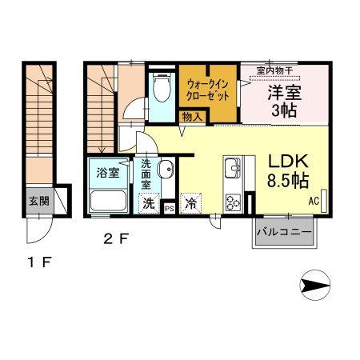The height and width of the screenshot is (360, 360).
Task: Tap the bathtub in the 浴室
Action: pyautogui.click(x=108, y=201)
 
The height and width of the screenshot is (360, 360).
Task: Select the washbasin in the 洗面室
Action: pyautogui.click(x=166, y=169)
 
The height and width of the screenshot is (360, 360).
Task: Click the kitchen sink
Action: pyautogui.click(x=233, y=168)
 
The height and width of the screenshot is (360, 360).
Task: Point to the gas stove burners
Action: pyautogui.click(x=234, y=202)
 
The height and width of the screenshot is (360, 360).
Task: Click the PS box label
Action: pyautogui.click(x=170, y=209)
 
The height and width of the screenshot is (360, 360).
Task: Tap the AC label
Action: pyautogui.click(x=314, y=201)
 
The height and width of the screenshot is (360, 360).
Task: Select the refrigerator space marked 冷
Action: pyautogui.click(x=191, y=203)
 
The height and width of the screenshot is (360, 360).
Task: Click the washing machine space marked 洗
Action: pyautogui.click(x=149, y=203)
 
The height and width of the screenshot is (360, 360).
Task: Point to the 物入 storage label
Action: pyautogui.click(x=192, y=117)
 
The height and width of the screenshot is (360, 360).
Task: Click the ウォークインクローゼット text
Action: pyautogui.click(x=207, y=90)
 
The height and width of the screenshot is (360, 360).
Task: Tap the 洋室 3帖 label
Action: pyautogui.click(x=285, y=101)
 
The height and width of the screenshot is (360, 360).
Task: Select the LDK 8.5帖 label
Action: pyautogui.click(x=288, y=171)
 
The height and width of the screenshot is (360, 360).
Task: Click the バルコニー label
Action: pyautogui.click(x=284, y=232)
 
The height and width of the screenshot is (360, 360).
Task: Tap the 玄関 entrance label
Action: pyautogui.click(x=39, y=201)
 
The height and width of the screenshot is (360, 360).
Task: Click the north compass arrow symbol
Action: pyautogui.click(x=315, y=285)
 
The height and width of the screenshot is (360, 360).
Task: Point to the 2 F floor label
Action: pyautogui.click(x=116, y=238)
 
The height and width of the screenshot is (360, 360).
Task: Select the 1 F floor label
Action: pyautogui.click(x=39, y=262)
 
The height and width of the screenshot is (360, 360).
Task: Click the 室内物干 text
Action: pyautogui.click(x=275, y=71)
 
